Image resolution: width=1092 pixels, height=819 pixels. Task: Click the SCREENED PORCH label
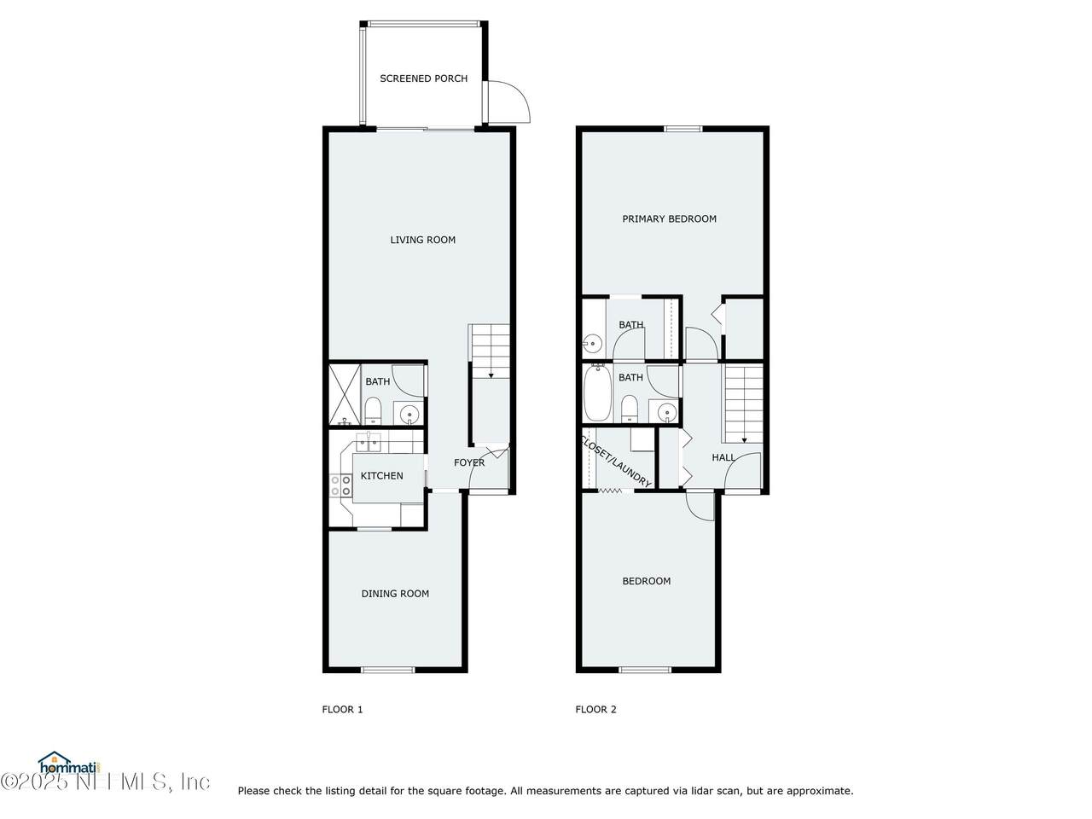point(423,78)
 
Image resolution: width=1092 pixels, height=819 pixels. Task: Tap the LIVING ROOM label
point(422,240)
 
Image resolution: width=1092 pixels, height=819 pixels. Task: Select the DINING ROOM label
point(395,593)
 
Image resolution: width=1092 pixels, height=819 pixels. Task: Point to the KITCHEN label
point(381,476)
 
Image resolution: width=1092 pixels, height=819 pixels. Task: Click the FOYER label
point(469,462)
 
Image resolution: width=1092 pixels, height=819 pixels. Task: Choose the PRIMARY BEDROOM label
point(669,218)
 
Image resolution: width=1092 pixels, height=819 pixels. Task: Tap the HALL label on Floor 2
point(723,457)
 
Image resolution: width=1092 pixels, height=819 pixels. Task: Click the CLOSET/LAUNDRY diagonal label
point(616,462)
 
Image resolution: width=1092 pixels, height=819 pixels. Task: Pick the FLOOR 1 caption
point(342,710)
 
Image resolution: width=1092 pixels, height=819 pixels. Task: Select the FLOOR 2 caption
point(595,710)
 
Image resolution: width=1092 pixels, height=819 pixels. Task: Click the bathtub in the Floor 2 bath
point(597,392)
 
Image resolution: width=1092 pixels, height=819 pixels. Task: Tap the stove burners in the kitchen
point(340,485)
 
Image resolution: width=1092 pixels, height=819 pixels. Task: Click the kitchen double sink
point(369,443)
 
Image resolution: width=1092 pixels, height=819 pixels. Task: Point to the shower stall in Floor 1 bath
point(345,395)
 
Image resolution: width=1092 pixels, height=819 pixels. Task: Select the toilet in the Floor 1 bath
point(373,410)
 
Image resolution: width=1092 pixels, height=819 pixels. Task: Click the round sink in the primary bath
point(592,344)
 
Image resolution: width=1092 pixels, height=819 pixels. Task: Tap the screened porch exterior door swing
point(508,102)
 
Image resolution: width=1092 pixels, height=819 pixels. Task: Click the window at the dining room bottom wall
point(387,670)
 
